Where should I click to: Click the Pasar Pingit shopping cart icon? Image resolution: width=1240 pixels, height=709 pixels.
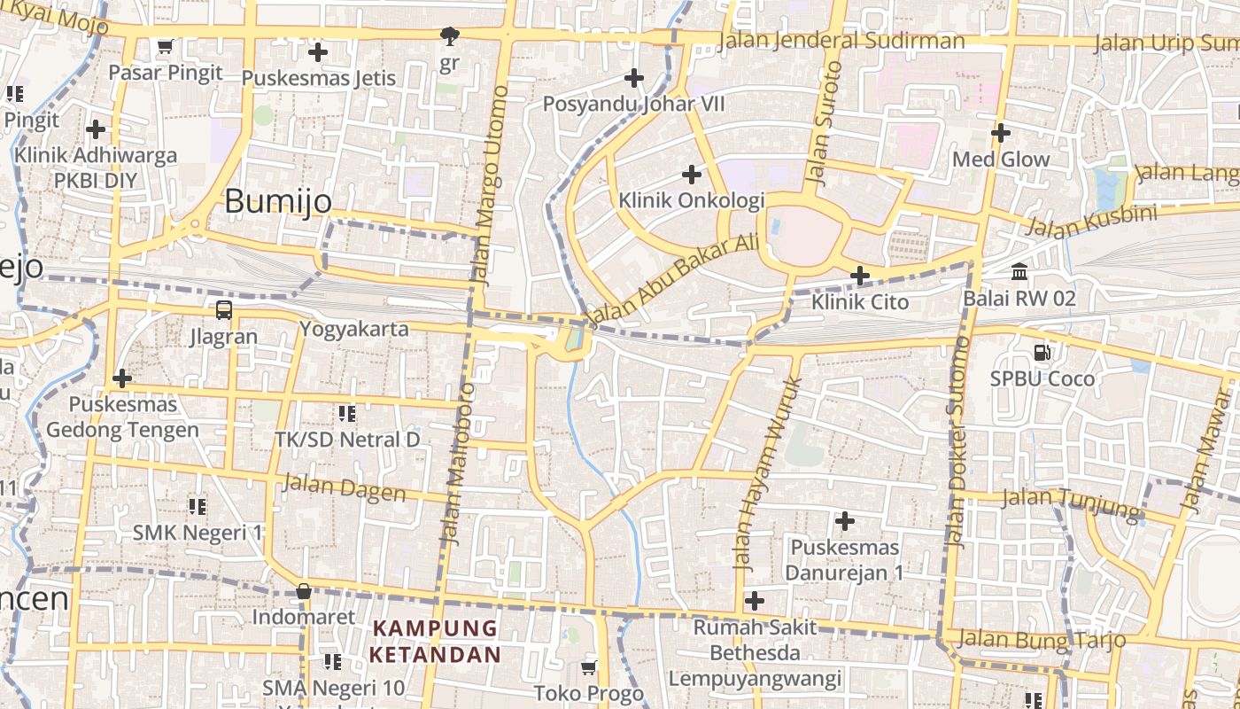165,46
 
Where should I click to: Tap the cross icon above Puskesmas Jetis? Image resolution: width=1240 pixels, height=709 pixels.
318,52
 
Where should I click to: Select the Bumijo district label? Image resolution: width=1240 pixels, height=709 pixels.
278,201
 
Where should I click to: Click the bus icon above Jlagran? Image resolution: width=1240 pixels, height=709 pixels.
224,310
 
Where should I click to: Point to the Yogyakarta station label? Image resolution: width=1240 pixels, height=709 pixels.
354,329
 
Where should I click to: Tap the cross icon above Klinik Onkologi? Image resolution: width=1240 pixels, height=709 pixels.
692,174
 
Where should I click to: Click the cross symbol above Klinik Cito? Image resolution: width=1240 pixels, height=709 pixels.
859,276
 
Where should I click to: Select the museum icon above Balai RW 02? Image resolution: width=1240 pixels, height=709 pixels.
1019,271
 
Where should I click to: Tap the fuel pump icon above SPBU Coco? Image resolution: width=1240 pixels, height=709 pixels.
1042,352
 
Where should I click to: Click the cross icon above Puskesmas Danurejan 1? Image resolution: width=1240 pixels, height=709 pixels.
845,520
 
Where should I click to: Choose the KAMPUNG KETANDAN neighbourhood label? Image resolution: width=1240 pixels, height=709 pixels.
435,642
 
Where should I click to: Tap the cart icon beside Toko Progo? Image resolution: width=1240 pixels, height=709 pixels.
589,667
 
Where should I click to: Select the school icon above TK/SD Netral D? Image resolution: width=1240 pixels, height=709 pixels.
347,413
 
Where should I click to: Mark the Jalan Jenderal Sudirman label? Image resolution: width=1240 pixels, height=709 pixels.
841,41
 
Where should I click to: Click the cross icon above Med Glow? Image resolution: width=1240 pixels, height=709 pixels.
1001,133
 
